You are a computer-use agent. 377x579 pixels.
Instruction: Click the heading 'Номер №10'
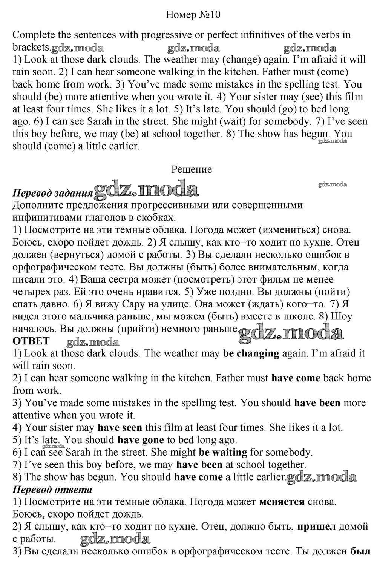point(193,15)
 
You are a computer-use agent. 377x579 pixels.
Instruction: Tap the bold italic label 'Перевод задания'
point(52,193)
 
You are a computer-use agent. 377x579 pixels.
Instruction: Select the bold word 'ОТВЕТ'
point(31,341)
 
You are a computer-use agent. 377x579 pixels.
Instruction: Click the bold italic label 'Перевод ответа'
point(52,490)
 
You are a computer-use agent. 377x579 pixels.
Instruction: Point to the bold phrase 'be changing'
point(251,353)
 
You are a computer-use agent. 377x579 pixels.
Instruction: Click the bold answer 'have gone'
point(141,440)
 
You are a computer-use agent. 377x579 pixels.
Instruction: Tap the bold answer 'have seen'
point(120,428)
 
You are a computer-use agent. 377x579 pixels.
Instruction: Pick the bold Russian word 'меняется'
point(282,502)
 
